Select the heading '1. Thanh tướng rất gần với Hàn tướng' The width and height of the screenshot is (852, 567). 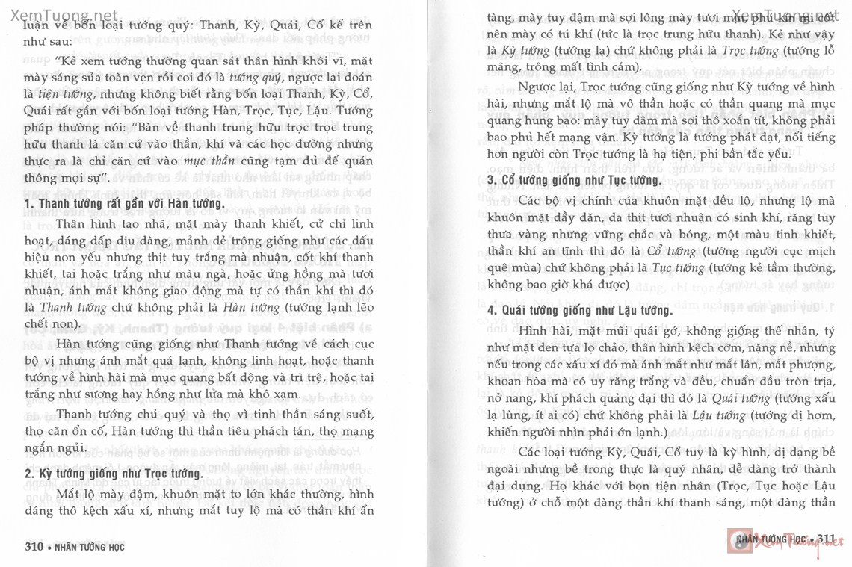(x=124, y=204)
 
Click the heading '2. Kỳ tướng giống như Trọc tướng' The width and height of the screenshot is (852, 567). (x=114, y=474)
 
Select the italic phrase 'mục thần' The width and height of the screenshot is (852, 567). (x=197, y=160)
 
